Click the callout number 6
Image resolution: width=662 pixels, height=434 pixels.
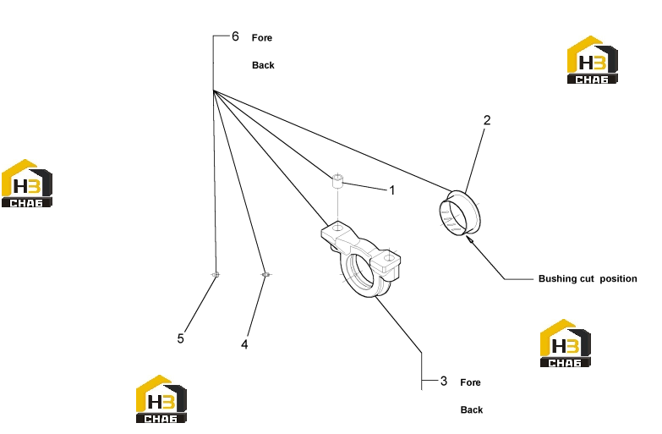pyautogui.click(x=235, y=36)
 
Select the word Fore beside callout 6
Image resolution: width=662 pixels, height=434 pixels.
pyautogui.click(x=262, y=38)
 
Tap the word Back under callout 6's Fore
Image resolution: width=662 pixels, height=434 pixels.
pyautogui.click(x=263, y=65)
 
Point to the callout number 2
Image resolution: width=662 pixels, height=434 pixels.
pyautogui.click(x=487, y=120)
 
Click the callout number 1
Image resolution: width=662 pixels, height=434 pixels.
pyautogui.click(x=392, y=190)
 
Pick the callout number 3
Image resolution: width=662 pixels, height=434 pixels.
pyautogui.click(x=443, y=382)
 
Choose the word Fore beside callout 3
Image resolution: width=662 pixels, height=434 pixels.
pyautogui.click(x=470, y=382)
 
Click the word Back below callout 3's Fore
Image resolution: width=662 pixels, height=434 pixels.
pyautogui.click(x=472, y=410)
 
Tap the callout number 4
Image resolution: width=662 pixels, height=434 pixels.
pyautogui.click(x=244, y=345)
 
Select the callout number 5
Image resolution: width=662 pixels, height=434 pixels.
pyautogui.click(x=181, y=339)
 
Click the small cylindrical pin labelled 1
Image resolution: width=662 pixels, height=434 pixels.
pyautogui.click(x=337, y=181)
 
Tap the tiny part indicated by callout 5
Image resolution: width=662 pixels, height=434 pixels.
pyautogui.click(x=216, y=275)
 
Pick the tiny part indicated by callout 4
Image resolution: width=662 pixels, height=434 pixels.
pyautogui.click(x=265, y=275)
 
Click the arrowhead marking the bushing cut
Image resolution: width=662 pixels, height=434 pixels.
pyautogui.click(x=468, y=239)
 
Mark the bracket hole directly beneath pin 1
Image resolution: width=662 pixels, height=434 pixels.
pyautogui.click(x=337, y=228)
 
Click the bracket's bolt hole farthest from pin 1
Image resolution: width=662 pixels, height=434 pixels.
pyautogui.click(x=388, y=257)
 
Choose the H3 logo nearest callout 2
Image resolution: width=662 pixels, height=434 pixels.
pyautogui.click(x=592, y=59)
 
